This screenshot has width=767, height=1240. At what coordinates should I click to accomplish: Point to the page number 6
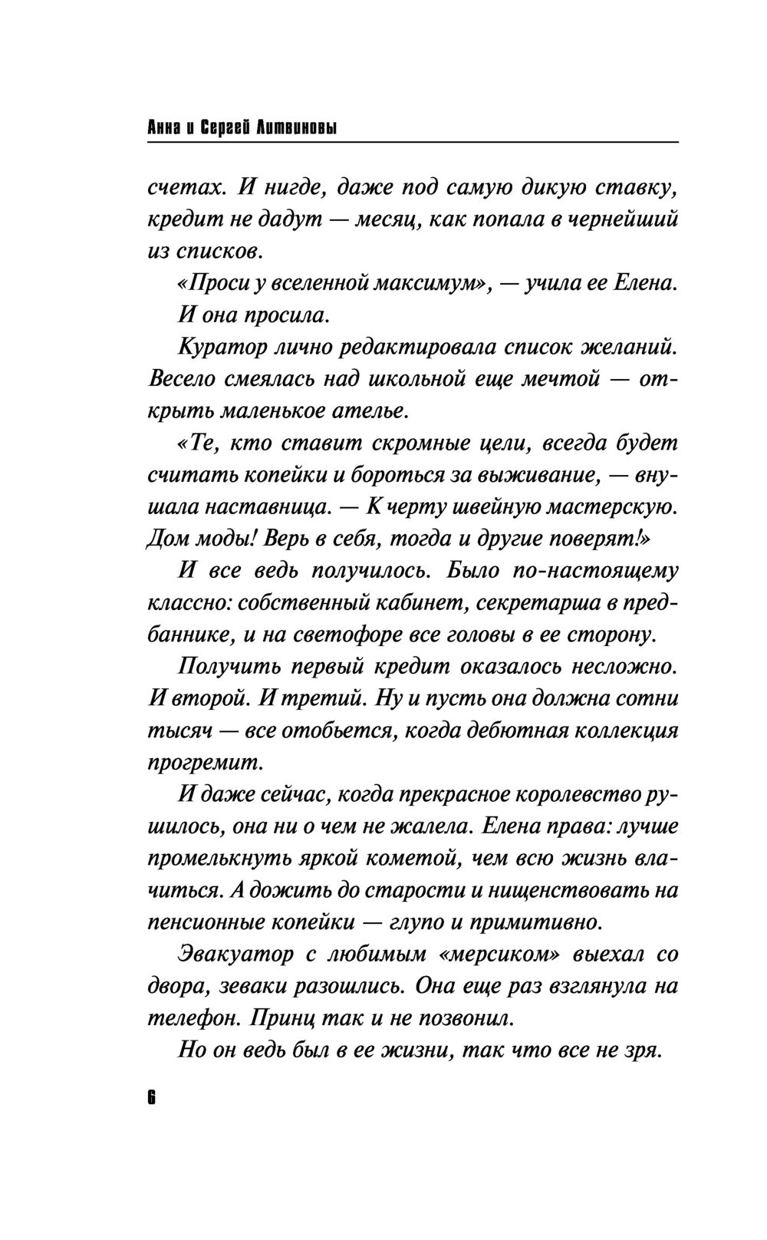[x=151, y=1097]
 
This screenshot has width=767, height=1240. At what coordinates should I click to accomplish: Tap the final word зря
[x=644, y=1050]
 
